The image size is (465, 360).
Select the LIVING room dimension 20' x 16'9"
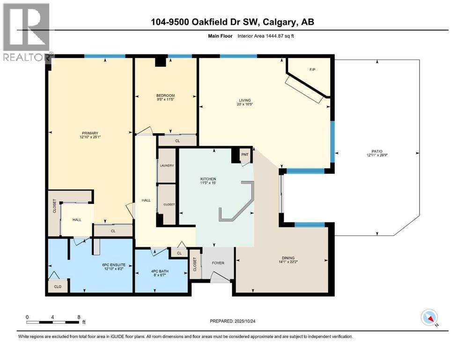[244, 105]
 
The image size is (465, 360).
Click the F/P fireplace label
[312, 69]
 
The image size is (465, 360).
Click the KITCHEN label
[214, 179]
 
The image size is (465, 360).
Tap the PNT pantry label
[244, 154]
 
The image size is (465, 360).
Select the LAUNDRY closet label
[167, 165]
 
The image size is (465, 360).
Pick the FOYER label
[218, 263]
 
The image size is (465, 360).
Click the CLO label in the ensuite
[58, 286]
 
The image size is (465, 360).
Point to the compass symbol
[429, 318]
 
